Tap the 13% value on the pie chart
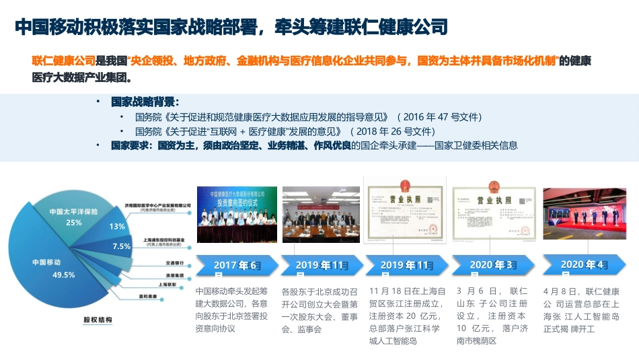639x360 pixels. click(117, 227)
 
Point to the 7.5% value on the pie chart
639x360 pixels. click(122, 246)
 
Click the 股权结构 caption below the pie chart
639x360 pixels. click(98, 319)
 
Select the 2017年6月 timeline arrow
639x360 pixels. click(235, 266)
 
